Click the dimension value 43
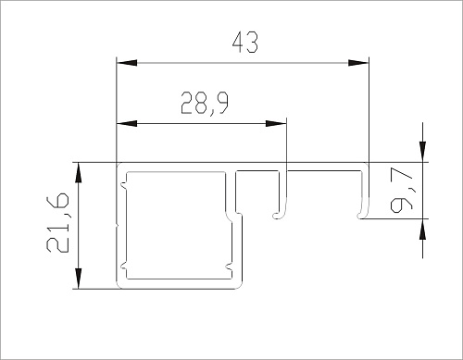pyautogui.click(x=242, y=42)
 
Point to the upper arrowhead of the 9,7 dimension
pyautogui.click(x=423, y=152)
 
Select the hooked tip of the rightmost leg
pyautogui.click(x=360, y=215)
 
